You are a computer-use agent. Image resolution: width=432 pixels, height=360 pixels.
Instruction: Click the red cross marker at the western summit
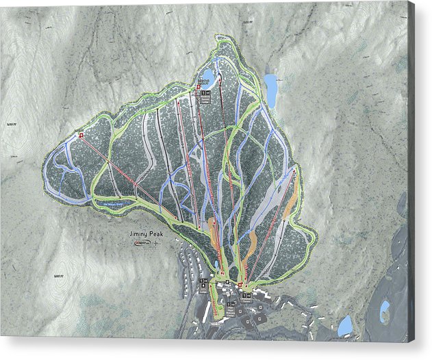tap(81, 136)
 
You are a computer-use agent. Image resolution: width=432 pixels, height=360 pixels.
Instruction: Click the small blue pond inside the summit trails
tap(207, 75)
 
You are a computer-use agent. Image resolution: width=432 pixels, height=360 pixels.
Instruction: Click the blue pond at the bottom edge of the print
tap(344, 326)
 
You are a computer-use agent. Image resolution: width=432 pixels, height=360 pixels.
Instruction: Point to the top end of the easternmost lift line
tap(296, 168)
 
